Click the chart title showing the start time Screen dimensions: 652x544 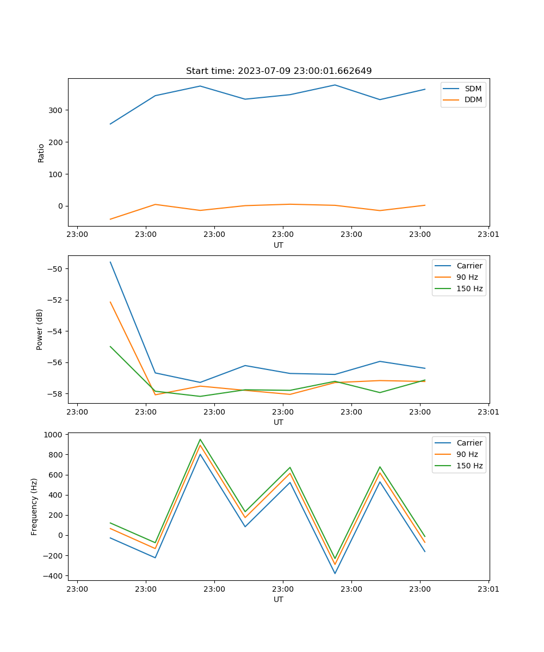pyautogui.click(x=279, y=71)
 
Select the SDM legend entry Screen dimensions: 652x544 pyautogui.click(x=473, y=89)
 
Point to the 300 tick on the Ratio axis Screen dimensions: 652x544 pyautogui.click(x=57, y=110)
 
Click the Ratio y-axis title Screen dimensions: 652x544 pyautogui.click(x=41, y=153)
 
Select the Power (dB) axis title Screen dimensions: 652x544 pyautogui.click(x=40, y=329)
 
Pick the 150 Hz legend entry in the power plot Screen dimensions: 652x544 pyautogui.click(x=469, y=289)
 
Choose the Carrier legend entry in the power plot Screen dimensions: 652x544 pyautogui.click(x=469, y=266)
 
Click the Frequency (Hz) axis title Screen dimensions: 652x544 pyautogui.click(x=34, y=506)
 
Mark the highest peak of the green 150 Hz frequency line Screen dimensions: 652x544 pyautogui.click(x=200, y=440)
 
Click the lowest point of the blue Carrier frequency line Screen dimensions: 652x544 pyautogui.click(x=335, y=573)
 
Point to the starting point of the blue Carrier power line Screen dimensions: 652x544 pyautogui.click(x=110, y=262)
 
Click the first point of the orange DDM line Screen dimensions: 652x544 pyautogui.click(x=110, y=219)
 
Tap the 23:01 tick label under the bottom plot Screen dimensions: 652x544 pyautogui.click(x=489, y=588)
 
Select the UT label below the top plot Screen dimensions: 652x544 pyautogui.click(x=279, y=245)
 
